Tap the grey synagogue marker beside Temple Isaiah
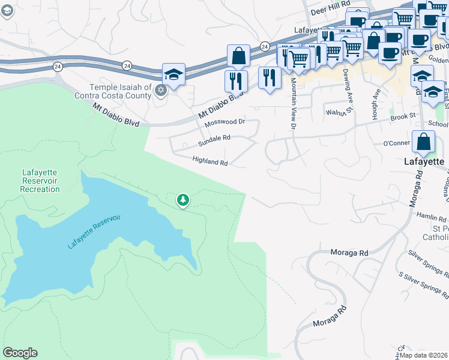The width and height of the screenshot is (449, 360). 160,91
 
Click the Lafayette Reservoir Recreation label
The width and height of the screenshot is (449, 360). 40,181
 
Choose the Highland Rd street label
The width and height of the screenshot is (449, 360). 210,161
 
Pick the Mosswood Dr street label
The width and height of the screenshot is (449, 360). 225,122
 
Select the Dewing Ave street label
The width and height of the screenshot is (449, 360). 346,84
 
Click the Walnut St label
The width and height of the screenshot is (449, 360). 338,112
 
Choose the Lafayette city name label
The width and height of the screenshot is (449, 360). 423,161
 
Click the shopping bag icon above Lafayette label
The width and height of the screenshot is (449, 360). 423,142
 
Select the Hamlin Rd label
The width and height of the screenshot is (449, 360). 434,220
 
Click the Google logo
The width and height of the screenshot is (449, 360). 20,353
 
